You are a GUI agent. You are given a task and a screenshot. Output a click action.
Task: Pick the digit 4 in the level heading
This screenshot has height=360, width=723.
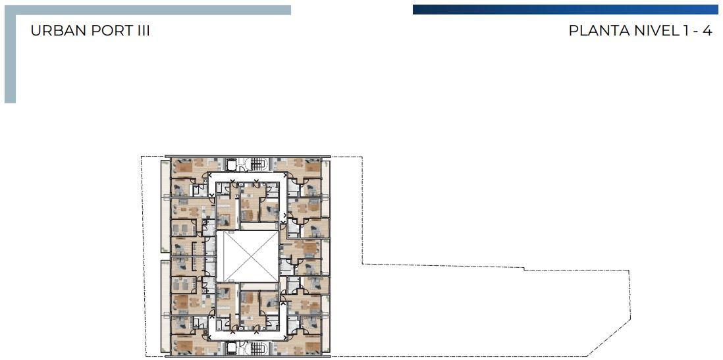pyautogui.click(x=708, y=31)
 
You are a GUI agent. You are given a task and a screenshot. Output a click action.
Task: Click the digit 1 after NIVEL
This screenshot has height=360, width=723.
pyautogui.click(x=683, y=31)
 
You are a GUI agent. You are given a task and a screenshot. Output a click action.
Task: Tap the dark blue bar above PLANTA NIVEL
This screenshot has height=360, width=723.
pyautogui.click(x=566, y=10)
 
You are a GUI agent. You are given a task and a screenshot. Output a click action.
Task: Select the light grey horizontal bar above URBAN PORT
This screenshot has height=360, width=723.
pyautogui.click(x=147, y=10)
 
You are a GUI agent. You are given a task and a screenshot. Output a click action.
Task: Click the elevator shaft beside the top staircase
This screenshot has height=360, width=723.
pyautogui.click(x=232, y=165)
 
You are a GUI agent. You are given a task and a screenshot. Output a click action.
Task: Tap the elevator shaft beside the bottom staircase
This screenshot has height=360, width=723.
pyautogui.click(x=232, y=348)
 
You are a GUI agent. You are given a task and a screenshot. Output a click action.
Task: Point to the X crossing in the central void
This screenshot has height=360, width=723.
pyautogui.click(x=248, y=256)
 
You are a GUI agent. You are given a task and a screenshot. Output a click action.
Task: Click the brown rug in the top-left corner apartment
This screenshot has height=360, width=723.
pyautogui.click(x=183, y=167)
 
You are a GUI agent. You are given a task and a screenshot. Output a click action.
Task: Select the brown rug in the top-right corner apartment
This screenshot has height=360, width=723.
pyautogui.click(x=312, y=167)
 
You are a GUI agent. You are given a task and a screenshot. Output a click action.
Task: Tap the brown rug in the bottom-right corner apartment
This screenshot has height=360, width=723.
pyautogui.click(x=312, y=346)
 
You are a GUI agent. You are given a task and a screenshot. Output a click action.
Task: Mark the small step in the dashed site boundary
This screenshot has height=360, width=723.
pyautogui.click(x=523, y=269)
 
